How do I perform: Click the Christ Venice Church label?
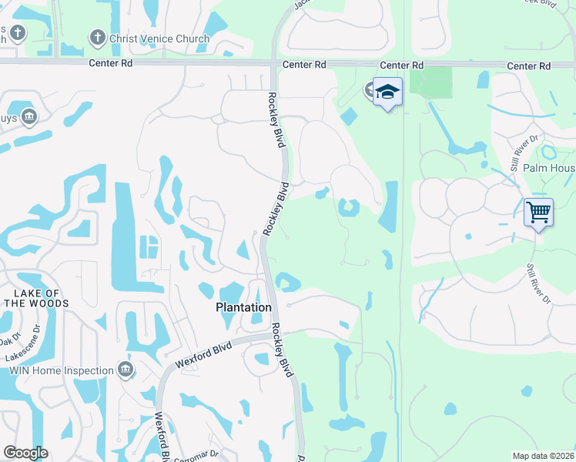coord(159,38)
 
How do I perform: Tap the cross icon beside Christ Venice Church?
coord(97,37)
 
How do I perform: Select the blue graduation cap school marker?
coord(387,92)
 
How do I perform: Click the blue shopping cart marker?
coord(538,211)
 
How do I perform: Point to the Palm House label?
coord(549,168)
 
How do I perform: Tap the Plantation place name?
coord(243,307)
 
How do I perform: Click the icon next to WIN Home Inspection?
coord(126,370)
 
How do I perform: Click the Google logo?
coord(25,453)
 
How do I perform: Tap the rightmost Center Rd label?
coord(529,67)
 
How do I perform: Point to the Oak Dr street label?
coord(9,340)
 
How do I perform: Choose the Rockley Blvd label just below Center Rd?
coord(276,116)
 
